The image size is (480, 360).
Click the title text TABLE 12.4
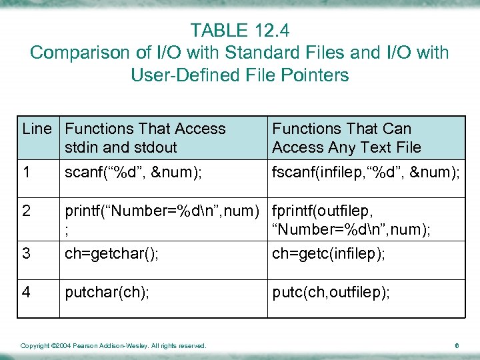coord(240,30)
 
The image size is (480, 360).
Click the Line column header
coord(37,129)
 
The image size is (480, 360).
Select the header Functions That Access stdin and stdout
coord(145,138)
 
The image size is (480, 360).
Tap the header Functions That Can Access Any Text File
coord(347,138)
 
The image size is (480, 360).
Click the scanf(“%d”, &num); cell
coord(134,173)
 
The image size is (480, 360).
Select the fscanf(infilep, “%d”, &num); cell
coord(366,173)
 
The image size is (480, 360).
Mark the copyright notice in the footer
coord(113,345)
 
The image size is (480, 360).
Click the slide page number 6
coord(457,345)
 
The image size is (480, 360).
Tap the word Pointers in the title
coord(316,75)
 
